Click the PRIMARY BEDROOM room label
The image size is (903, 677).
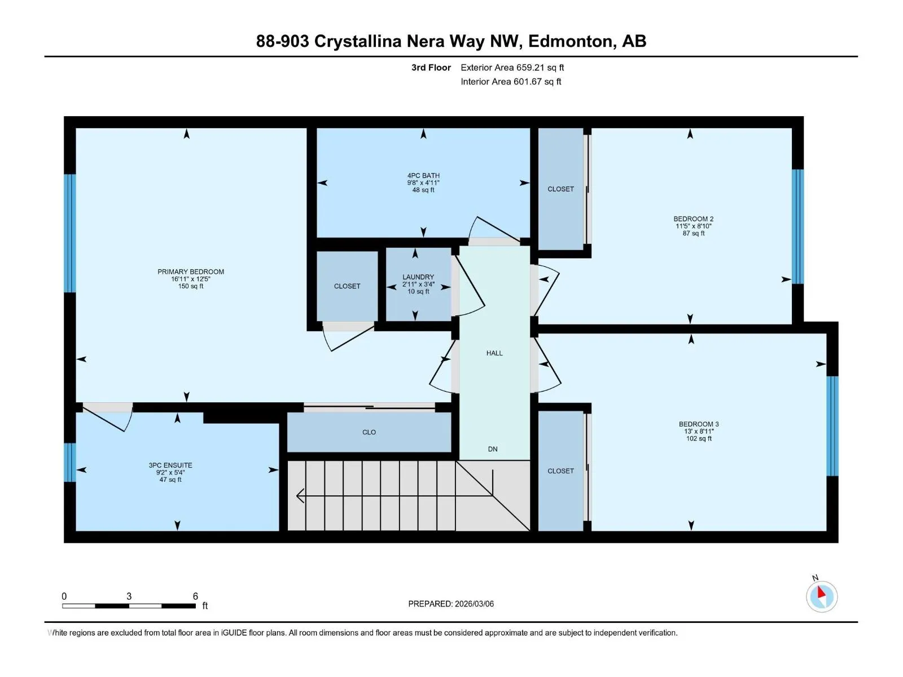click(190, 272)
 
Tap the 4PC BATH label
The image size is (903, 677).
click(423, 175)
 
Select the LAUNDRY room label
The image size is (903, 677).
click(418, 277)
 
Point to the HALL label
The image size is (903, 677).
click(494, 353)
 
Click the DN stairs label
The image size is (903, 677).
click(493, 449)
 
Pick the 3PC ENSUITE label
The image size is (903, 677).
click(170, 465)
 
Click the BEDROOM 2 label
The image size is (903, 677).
click(693, 219)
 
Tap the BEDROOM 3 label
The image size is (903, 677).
click(699, 424)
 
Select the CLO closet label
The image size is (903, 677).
click(369, 432)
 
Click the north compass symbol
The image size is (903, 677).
click(822, 596)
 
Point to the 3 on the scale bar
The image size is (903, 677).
click(129, 596)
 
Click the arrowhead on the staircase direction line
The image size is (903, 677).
click(300, 496)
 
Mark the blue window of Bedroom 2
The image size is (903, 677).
click(797, 226)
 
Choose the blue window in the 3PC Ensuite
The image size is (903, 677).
click(70, 462)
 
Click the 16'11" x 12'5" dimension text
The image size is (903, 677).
click(190, 279)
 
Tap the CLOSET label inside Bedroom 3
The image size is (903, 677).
click(560, 471)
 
